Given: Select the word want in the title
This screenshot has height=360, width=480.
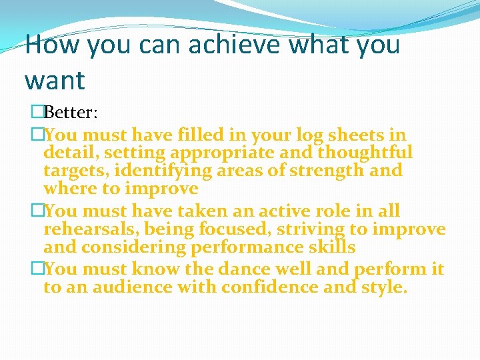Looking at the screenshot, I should point(55,81).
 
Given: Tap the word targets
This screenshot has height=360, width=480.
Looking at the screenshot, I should point(71,171).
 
